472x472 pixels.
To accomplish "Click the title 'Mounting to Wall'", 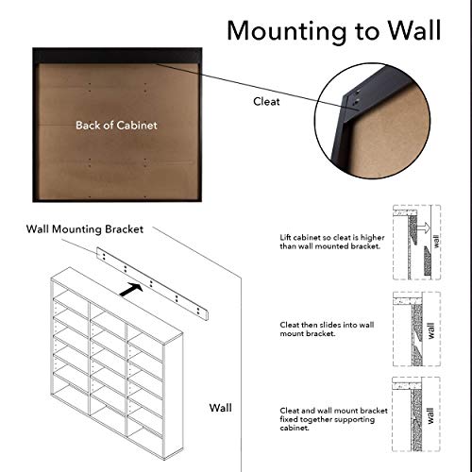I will pyautogui.click(x=333, y=30).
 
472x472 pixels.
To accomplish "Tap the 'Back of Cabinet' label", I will pyautogui.click(x=117, y=124).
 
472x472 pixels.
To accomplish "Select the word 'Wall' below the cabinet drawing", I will pyautogui.click(x=221, y=410).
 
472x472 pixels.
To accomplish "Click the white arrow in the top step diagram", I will pyautogui.click(x=425, y=227).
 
